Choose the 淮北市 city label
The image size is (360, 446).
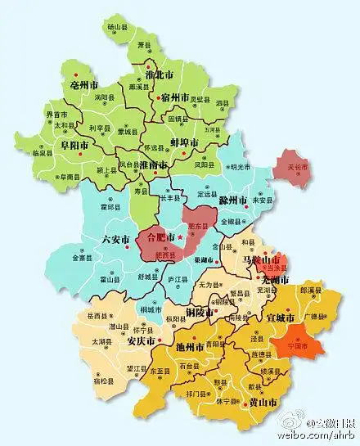coord(157,74)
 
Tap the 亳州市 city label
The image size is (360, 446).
coord(84,84)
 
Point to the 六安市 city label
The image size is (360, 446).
coord(114,240)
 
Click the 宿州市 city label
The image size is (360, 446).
coord(177,97)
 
